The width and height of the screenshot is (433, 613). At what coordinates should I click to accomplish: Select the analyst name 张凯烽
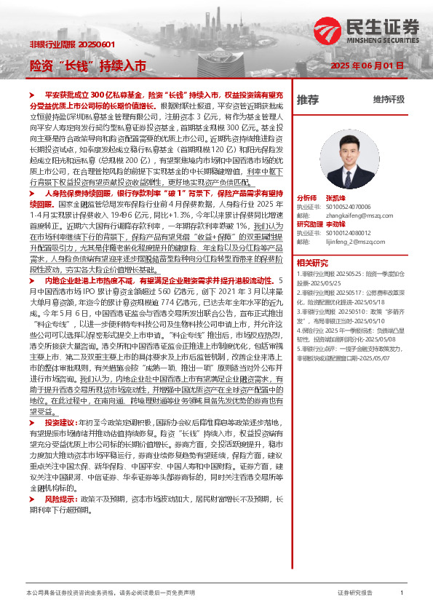point(335,198)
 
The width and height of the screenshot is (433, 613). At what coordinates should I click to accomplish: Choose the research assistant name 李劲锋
point(335,224)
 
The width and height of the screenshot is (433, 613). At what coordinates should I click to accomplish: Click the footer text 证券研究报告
point(355,593)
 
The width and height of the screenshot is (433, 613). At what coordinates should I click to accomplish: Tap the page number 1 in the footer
point(402,593)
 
